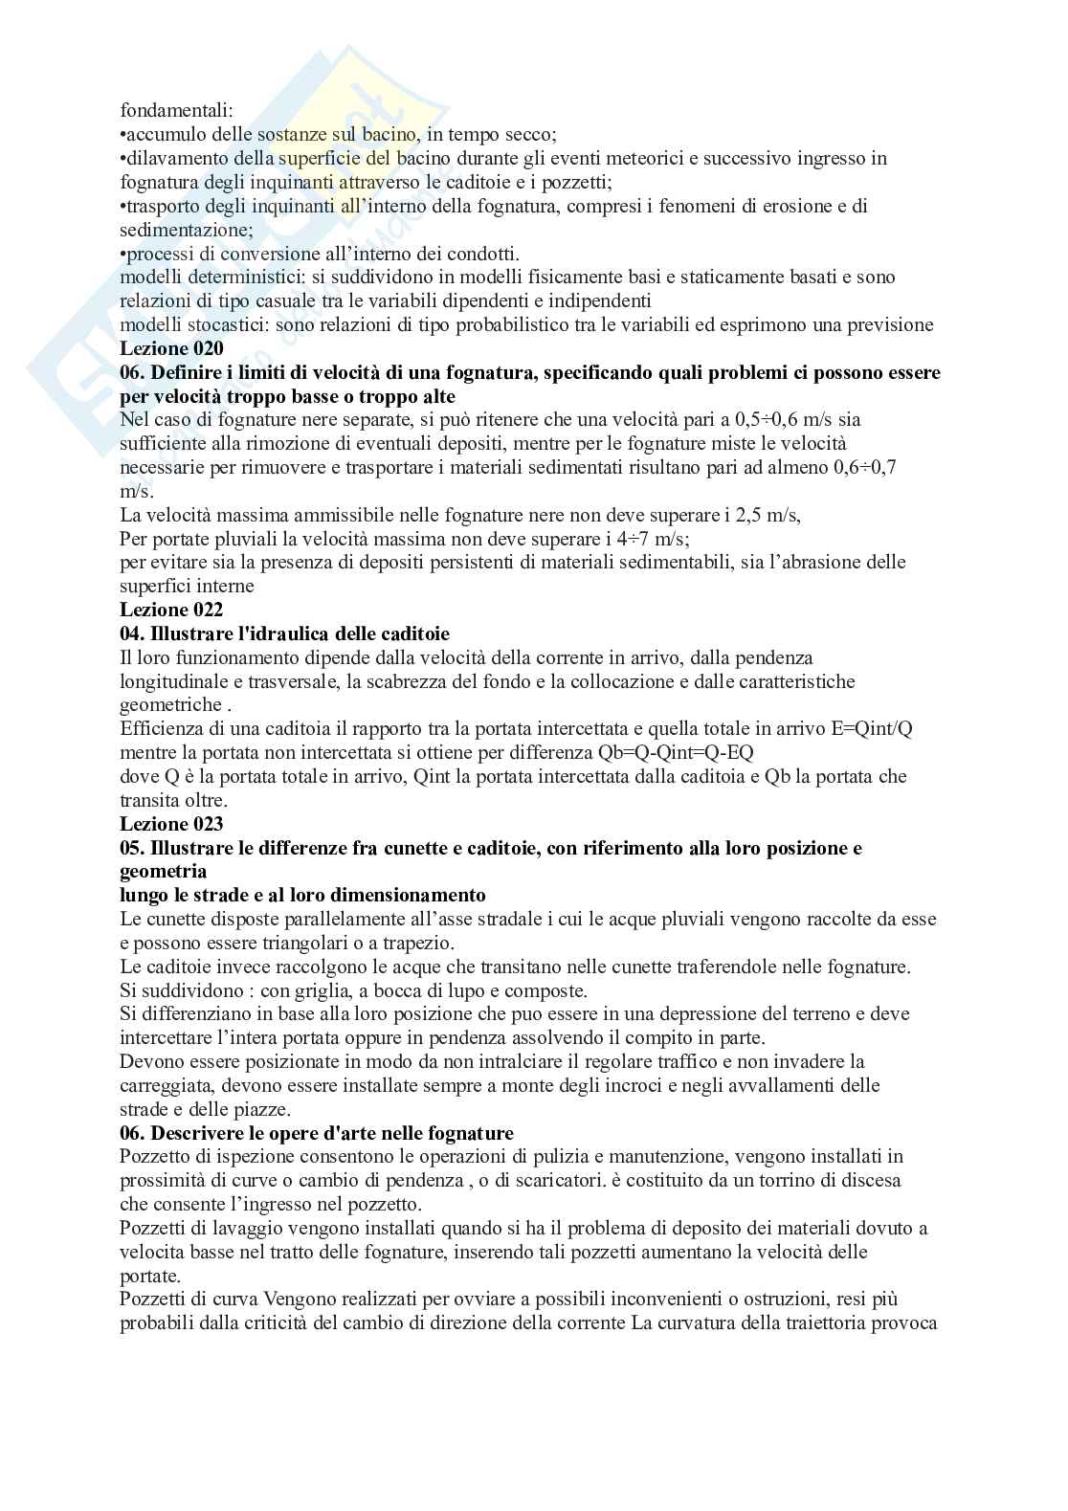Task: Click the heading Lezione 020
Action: tap(171, 349)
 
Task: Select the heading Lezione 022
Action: tap(171, 610)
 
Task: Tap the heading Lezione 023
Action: tap(171, 824)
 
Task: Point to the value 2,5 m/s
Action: tap(768, 515)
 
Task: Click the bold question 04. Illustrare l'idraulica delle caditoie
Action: tap(284, 633)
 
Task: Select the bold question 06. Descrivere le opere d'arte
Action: tap(317, 1133)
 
